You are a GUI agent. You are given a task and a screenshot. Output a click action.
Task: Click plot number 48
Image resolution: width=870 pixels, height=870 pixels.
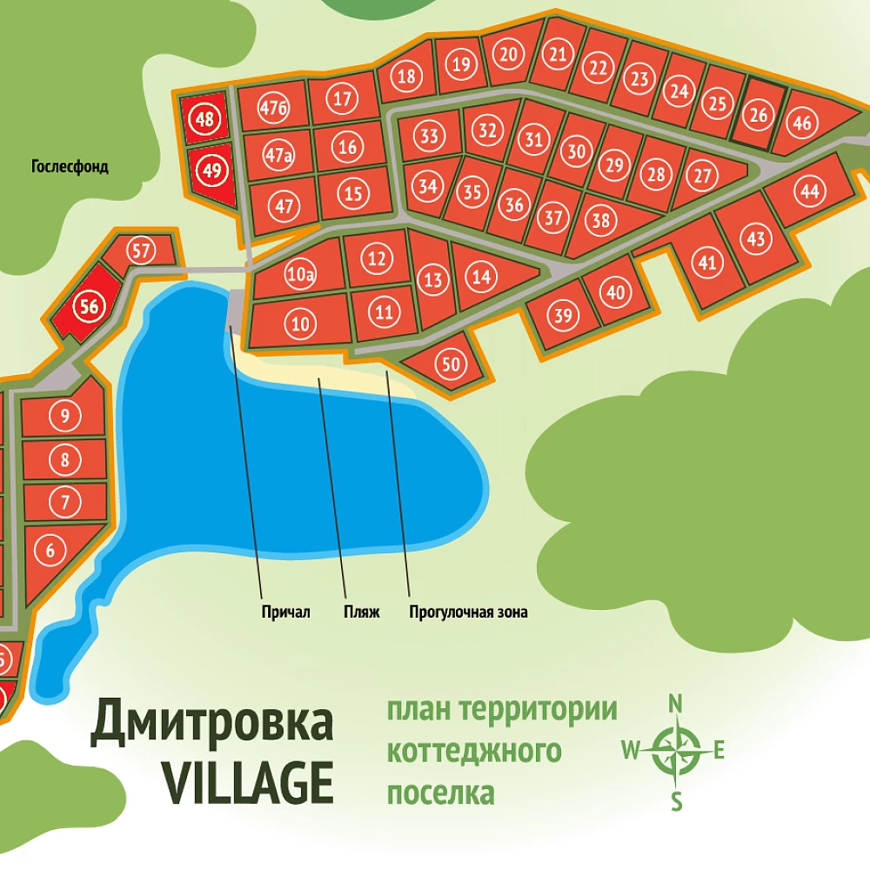click(205, 118)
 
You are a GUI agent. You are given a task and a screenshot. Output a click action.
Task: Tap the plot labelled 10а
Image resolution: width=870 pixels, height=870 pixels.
click(300, 276)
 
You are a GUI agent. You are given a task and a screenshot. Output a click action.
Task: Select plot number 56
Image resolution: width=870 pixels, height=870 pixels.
click(89, 306)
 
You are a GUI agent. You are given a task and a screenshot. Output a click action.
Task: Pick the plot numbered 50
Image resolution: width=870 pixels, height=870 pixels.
click(451, 365)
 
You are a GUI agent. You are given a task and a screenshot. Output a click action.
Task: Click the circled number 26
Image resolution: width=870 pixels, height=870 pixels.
click(759, 114)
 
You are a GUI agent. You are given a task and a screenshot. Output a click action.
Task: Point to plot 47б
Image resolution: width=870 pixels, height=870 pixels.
click(274, 108)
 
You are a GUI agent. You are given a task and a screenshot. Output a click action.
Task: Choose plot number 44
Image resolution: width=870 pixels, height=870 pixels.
click(810, 191)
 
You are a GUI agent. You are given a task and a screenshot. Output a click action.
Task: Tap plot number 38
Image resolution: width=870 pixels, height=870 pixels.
click(601, 220)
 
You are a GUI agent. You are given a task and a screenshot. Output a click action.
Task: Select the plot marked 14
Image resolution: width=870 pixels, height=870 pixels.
click(481, 277)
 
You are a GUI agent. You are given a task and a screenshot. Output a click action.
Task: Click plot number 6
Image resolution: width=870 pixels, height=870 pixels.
click(50, 550)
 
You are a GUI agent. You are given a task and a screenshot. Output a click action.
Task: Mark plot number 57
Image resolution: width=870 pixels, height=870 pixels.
click(143, 251)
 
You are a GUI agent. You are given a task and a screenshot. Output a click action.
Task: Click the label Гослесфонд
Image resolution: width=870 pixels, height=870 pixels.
click(70, 167)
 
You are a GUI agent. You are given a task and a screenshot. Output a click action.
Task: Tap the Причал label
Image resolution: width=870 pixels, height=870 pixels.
click(285, 612)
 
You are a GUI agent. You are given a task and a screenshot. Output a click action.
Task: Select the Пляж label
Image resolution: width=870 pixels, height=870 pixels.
click(362, 612)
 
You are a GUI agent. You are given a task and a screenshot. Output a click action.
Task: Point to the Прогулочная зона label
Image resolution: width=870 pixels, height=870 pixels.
click(468, 612)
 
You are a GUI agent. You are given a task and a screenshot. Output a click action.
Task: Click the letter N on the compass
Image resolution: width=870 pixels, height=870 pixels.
click(675, 703)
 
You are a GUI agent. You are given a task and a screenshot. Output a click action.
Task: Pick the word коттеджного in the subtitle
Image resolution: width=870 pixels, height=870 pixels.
click(473, 751)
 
